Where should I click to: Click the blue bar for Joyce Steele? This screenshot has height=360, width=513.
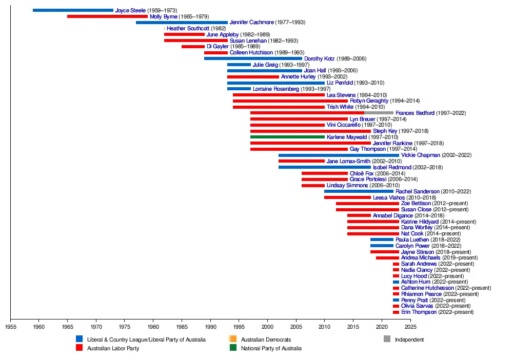(73, 10)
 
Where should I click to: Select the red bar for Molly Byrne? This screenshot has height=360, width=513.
(107, 16)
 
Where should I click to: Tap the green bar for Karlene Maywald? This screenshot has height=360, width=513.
(287, 137)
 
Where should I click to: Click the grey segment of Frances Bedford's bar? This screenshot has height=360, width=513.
(379, 113)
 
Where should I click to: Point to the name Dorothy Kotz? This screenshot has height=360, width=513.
(319, 58)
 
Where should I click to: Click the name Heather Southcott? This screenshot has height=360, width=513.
(188, 29)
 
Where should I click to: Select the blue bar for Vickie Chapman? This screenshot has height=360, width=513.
(339, 155)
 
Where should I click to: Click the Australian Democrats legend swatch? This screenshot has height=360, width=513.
(233, 339)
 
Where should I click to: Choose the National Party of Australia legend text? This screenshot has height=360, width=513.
(271, 348)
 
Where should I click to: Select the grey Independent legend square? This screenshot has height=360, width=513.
(387, 339)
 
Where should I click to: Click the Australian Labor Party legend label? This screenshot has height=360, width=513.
(113, 348)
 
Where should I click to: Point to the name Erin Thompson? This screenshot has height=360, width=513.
(419, 312)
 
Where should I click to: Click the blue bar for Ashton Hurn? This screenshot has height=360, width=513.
(396, 282)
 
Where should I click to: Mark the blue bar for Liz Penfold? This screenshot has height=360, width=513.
(276, 83)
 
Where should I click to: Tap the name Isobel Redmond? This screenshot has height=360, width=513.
(392, 167)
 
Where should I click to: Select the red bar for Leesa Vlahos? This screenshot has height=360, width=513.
(347, 197)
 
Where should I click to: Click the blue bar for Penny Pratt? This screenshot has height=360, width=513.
(396, 300)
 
